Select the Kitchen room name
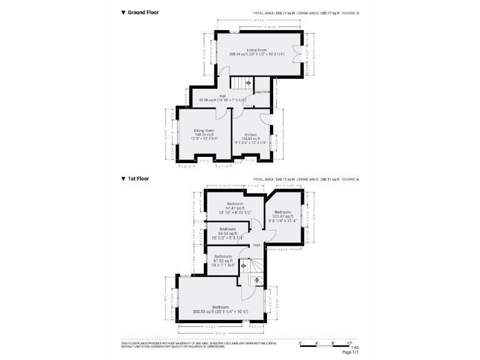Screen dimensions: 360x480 point(251,134)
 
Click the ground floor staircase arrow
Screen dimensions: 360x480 point(248,82)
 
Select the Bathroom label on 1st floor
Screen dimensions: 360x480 point(223,256)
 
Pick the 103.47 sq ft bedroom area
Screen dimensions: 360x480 point(283,216)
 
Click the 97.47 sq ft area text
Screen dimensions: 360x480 point(234,208)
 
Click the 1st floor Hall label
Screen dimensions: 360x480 point(256,245)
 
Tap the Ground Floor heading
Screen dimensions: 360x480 point(143,12)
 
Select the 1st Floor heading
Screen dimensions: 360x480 point(138,179)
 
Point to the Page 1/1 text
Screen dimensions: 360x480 point(351,354)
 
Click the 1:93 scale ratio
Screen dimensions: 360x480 point(355,349)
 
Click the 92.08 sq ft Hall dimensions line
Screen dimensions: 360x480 point(222,100)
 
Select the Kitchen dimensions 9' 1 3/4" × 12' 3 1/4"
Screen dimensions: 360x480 point(251,142)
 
